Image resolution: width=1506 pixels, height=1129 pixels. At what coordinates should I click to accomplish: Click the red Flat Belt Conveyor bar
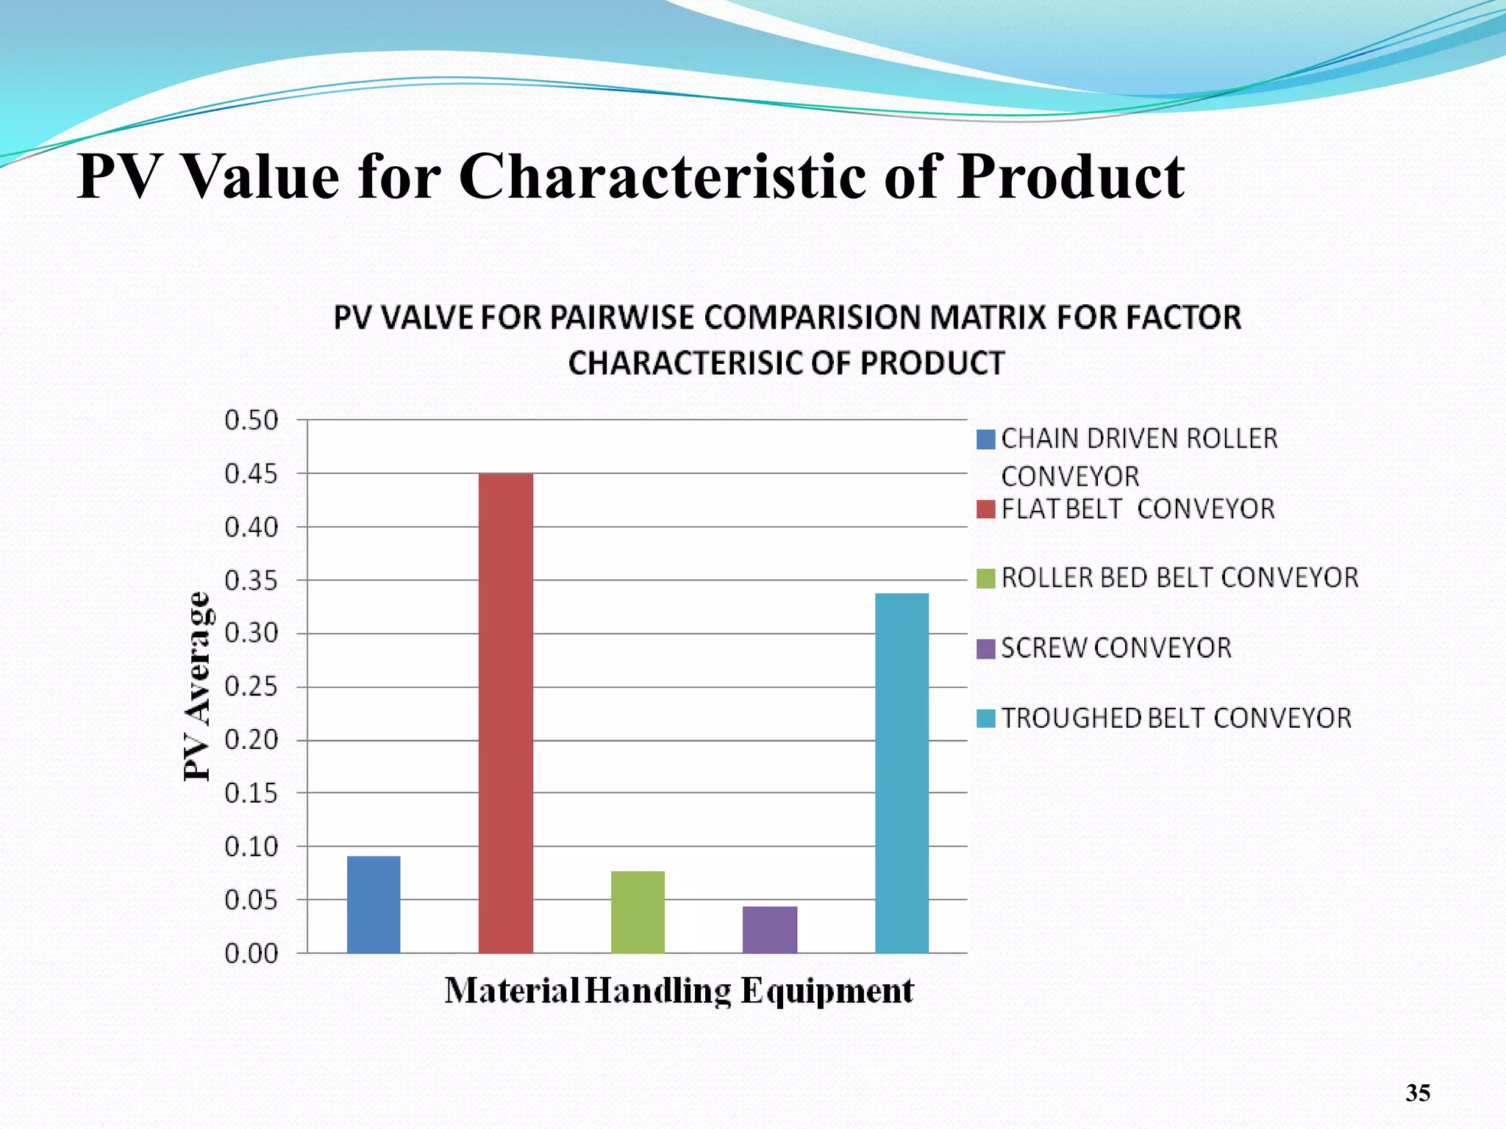click(x=506, y=713)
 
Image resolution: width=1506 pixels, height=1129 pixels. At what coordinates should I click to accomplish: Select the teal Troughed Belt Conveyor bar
click(x=902, y=773)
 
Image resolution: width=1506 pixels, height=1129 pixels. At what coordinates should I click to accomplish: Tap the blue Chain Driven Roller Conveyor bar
click(x=374, y=904)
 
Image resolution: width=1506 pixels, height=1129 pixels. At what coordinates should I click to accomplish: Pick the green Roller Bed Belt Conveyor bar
click(x=638, y=911)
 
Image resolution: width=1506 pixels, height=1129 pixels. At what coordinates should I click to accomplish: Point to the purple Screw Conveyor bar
click(x=770, y=929)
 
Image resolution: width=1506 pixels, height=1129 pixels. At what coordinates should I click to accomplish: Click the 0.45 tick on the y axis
click(x=251, y=474)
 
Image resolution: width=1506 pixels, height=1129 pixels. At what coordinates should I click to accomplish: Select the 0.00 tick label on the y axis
click(x=251, y=954)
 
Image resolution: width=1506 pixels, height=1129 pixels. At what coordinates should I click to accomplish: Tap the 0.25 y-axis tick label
click(x=251, y=687)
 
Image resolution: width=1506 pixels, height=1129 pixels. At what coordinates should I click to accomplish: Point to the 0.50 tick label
click(x=251, y=420)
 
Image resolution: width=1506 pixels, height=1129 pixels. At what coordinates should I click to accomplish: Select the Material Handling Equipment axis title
click(x=679, y=991)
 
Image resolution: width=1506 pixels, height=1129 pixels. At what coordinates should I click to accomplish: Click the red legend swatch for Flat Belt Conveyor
click(x=985, y=509)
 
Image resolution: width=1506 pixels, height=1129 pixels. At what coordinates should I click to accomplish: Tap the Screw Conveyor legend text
click(x=1116, y=648)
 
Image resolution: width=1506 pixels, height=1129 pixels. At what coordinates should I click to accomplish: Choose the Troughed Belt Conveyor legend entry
click(x=1176, y=718)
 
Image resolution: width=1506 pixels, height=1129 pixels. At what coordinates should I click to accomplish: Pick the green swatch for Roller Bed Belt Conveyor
click(x=985, y=578)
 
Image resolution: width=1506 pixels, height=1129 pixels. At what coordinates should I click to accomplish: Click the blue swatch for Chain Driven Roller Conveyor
click(x=985, y=440)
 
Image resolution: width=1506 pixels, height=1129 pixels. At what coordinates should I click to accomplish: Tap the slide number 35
click(x=1418, y=1093)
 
